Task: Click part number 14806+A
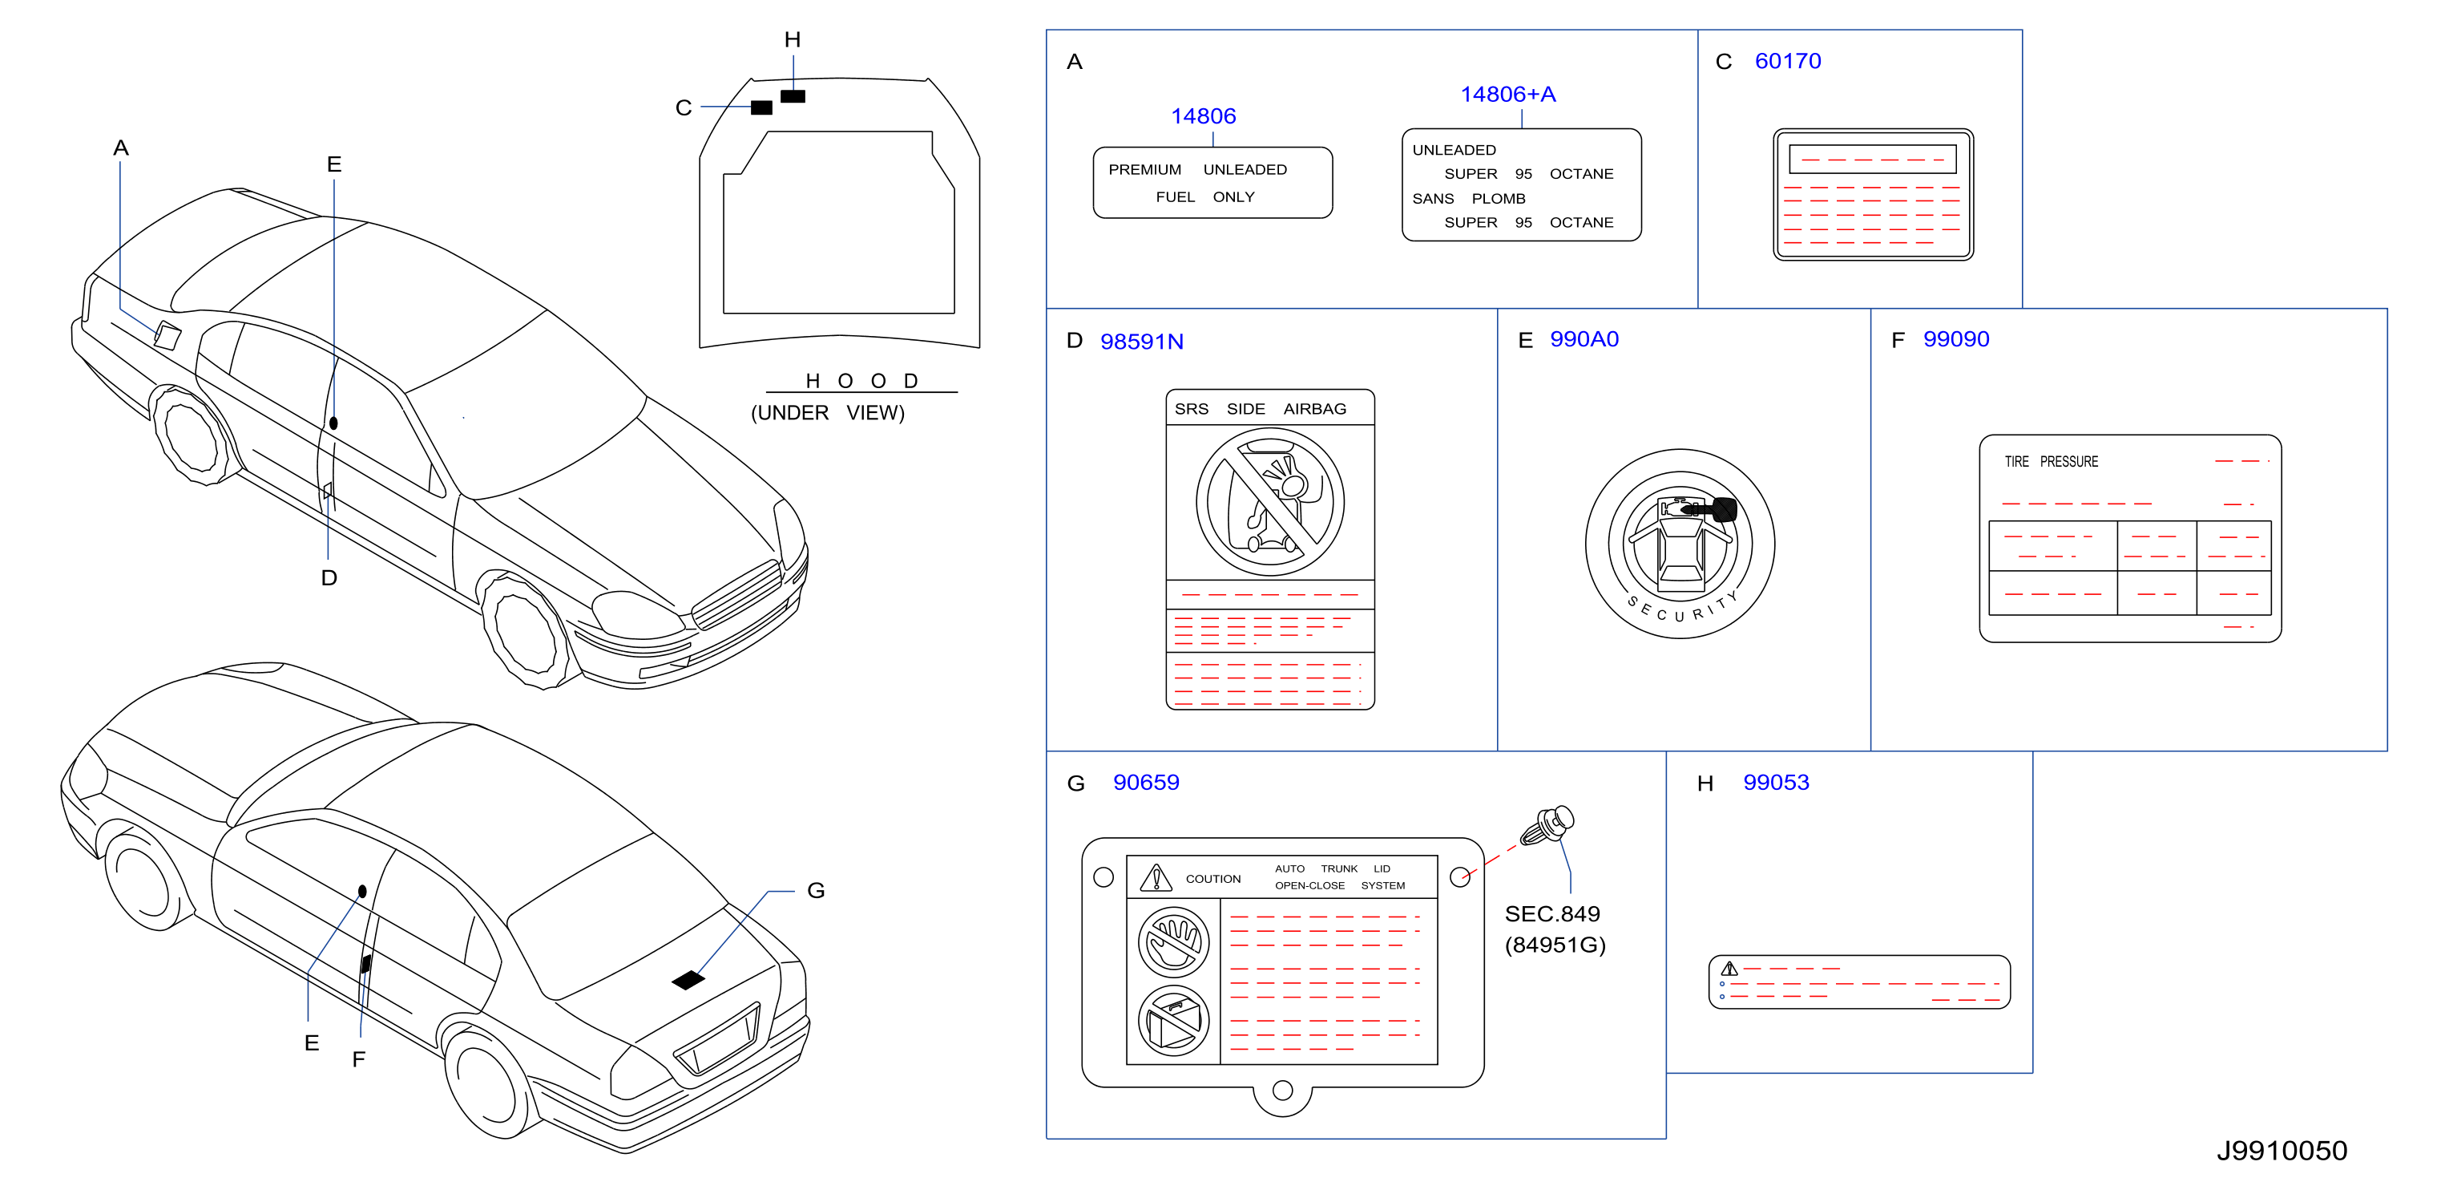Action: [x=1508, y=94]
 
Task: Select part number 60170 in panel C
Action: [x=1787, y=61]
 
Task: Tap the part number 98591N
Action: [x=1142, y=342]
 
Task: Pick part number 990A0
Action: [x=1584, y=339]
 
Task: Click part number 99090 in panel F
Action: [x=1955, y=339]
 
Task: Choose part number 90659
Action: [x=1146, y=782]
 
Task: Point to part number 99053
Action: [x=1776, y=782]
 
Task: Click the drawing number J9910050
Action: [x=2282, y=1151]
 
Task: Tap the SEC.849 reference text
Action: [x=1552, y=914]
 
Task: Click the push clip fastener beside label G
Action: [x=1547, y=824]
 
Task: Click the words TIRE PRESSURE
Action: [x=2051, y=461]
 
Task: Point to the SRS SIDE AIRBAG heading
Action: [x=1260, y=409]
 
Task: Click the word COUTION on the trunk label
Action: [x=1213, y=879]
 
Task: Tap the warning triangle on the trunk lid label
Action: [x=1156, y=877]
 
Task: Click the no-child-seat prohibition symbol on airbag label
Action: [x=1269, y=501]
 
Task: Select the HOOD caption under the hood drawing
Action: [x=861, y=381]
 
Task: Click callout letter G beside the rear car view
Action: [x=816, y=890]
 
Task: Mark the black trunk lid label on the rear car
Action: [x=688, y=979]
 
